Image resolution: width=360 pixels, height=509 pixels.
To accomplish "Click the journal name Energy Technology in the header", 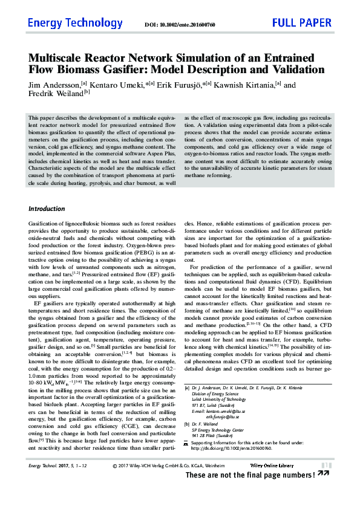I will [x=75, y=24].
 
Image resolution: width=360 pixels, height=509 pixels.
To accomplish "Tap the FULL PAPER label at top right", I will [x=302, y=24].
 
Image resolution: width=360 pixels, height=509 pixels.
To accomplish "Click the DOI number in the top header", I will [x=188, y=25].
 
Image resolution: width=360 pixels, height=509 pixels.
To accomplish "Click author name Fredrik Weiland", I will [x=55, y=94].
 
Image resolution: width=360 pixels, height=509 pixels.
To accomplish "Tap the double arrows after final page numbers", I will [x=324, y=475].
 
